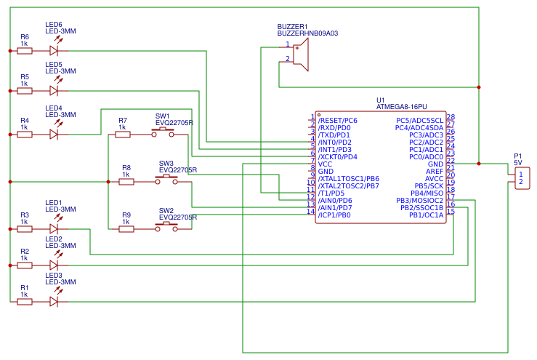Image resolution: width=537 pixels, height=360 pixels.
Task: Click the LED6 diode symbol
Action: [x=54, y=51]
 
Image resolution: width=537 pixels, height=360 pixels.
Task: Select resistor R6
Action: [x=25, y=51]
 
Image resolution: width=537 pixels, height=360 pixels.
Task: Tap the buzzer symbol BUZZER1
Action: [x=301, y=55]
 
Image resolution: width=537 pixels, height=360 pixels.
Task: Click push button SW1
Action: [x=163, y=133]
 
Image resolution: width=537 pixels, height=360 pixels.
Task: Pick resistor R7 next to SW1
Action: [x=123, y=135]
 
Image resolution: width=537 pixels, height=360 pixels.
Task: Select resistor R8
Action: [x=126, y=182]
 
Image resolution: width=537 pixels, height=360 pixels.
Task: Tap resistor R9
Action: [x=126, y=229]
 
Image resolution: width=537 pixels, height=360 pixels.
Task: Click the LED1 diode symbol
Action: [x=54, y=229]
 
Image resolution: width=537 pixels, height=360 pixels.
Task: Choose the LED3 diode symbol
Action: [x=54, y=301]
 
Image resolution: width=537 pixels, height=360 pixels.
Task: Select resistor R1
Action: [x=25, y=301]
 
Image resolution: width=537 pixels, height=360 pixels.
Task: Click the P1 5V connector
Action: [x=521, y=178]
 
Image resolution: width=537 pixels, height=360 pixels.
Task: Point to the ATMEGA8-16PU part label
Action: [x=401, y=107]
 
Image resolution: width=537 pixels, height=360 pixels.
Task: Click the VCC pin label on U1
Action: [x=325, y=164]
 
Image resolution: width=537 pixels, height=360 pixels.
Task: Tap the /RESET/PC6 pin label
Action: [x=337, y=120]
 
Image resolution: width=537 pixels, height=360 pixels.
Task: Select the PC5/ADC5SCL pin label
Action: [x=419, y=120]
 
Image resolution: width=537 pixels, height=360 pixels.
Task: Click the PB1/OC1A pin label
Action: [x=426, y=215]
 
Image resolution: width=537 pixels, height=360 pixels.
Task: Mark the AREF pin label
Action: [x=434, y=171]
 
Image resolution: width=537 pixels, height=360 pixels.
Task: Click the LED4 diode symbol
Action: [x=54, y=135]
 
